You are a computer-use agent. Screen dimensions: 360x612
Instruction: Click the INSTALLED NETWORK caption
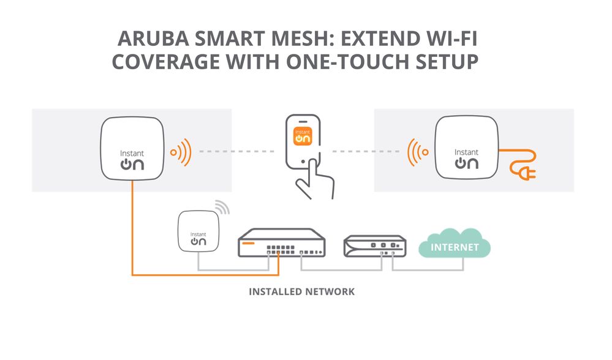click(301, 291)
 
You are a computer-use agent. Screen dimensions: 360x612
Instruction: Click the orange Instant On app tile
click(303, 137)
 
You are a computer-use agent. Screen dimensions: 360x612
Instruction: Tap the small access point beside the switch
click(198, 231)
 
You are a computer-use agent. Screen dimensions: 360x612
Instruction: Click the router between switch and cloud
click(374, 245)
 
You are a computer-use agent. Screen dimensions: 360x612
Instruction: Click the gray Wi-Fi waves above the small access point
click(222, 208)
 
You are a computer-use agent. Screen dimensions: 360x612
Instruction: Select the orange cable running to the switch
click(132, 245)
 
